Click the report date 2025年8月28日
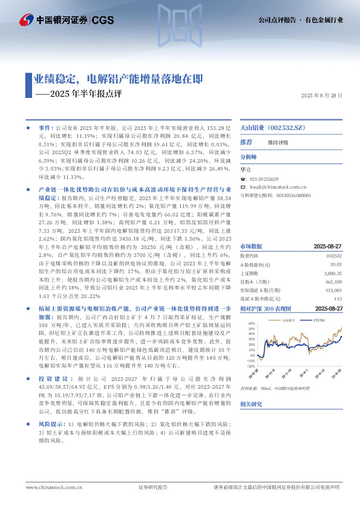pyautogui.click(x=321, y=96)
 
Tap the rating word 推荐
pyautogui.click(x=246, y=141)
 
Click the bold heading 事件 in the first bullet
pyautogui.click(x=45, y=129)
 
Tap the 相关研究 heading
pyautogui.click(x=251, y=403)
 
